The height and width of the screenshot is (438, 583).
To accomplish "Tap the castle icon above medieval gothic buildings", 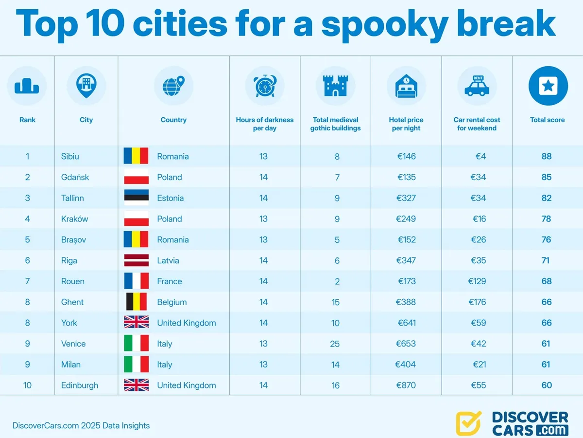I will (x=335, y=86).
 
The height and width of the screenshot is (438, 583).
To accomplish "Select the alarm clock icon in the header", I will (x=265, y=86).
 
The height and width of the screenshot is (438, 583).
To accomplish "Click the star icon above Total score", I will (x=548, y=86).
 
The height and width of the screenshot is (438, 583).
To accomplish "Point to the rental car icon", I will (x=477, y=86).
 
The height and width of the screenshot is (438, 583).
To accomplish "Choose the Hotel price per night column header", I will (x=406, y=124).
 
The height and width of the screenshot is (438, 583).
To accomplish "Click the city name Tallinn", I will (x=72, y=198).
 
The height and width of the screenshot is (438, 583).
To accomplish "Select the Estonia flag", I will (x=136, y=198).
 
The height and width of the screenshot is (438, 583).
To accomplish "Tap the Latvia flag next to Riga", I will (x=136, y=260).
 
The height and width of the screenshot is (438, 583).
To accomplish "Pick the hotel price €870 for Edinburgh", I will (x=406, y=385).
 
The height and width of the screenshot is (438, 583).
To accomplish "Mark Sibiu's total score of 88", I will (x=547, y=156).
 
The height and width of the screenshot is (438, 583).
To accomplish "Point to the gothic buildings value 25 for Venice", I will (x=335, y=344).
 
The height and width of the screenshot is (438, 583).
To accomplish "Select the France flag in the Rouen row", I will (x=136, y=281).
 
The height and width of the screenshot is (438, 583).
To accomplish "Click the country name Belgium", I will (x=171, y=302).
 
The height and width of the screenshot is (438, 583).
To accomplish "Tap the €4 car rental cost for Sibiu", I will (x=481, y=156).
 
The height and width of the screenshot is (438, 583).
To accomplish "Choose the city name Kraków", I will (x=74, y=219).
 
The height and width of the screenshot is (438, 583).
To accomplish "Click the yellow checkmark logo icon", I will (x=468, y=422).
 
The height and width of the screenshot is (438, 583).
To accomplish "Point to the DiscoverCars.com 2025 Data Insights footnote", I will (x=81, y=426).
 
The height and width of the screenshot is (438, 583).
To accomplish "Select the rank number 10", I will (x=27, y=385).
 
